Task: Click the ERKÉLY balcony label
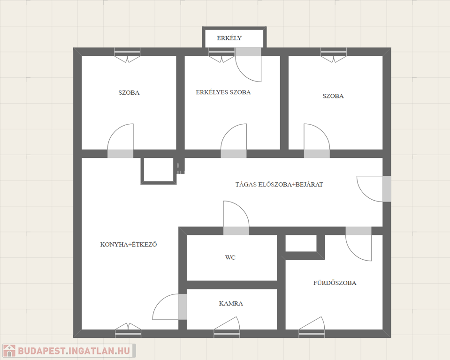pos(229,38)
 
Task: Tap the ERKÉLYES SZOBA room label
pos(223,92)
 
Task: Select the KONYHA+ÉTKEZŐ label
pos(129,245)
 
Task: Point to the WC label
pos(230,257)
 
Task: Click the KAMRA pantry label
pos(231,303)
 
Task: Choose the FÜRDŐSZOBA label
pos(335,283)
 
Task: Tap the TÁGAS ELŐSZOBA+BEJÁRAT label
pos(279,184)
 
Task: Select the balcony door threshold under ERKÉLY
pos(248,52)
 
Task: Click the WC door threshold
pos(236,231)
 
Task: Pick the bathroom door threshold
pos(358,231)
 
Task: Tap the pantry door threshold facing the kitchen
pos(183,307)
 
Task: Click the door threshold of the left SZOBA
pos(120,154)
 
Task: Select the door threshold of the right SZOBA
pos(317,154)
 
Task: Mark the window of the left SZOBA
pos(128,52)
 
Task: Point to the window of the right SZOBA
pos(334,52)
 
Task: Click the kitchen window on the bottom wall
pos(128,334)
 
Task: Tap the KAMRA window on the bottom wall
pos(227,334)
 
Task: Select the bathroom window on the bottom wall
pos(312,334)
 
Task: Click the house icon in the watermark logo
pos(9,351)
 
